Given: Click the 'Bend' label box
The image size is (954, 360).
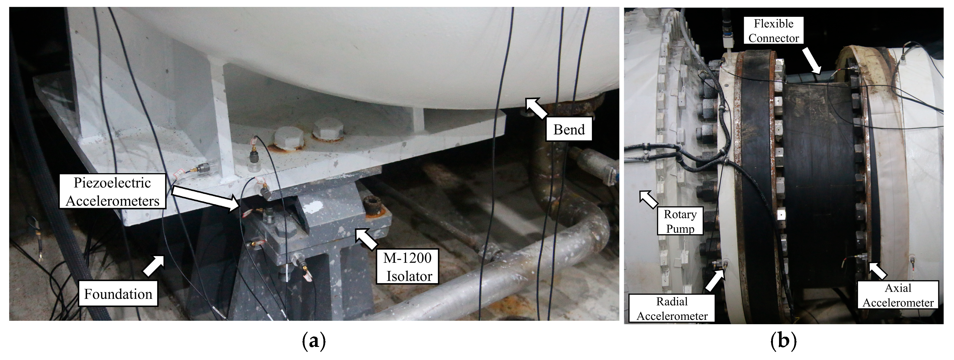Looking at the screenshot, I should (x=569, y=130).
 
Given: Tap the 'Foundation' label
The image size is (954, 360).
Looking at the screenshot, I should (x=118, y=294).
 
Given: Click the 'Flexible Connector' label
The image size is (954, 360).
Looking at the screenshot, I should (x=774, y=31).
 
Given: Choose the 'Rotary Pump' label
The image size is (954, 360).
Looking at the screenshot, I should (x=680, y=221).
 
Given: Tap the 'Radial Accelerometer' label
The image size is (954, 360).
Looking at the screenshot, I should (x=672, y=308).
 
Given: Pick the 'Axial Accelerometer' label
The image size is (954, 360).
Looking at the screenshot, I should (x=898, y=295).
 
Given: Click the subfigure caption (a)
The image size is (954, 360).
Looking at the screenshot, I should (x=314, y=341).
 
